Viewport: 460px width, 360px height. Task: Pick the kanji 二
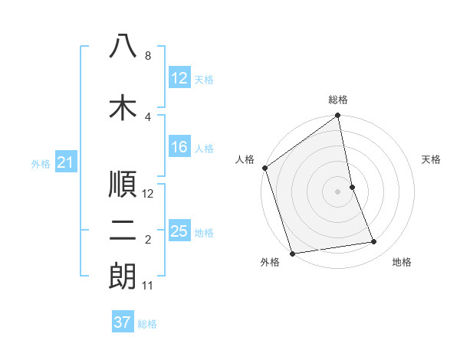point(123,231)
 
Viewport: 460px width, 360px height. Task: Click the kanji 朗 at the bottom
point(123,277)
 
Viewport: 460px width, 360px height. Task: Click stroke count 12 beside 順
point(148,194)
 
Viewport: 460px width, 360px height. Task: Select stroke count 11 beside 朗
point(148,286)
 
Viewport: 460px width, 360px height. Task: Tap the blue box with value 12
point(179,78)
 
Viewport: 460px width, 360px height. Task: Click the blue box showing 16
point(179,148)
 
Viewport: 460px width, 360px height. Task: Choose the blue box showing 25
point(179,231)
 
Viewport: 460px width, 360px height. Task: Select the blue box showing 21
point(66,162)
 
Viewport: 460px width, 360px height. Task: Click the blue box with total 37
point(123,322)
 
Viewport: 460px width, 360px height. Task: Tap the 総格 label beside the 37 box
point(148,324)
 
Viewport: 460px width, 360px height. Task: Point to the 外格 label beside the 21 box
point(41,163)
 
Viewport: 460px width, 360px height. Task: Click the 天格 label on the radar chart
point(431,159)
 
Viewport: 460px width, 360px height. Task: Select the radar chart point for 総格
point(337,116)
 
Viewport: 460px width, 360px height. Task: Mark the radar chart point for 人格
point(264,169)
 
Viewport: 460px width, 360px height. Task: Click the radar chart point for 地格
point(374,242)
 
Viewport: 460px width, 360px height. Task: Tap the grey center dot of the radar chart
point(337,191)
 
